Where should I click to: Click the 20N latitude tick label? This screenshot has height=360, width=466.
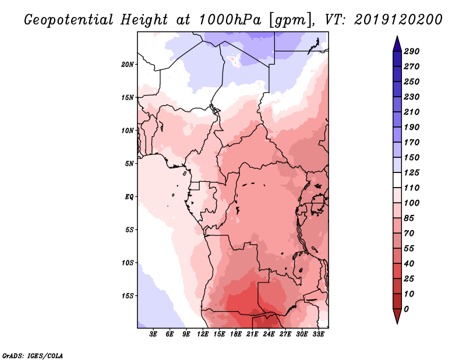tap(128, 64)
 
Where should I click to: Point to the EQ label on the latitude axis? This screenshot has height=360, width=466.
tap(129, 196)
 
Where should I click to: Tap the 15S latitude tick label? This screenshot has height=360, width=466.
tap(128, 295)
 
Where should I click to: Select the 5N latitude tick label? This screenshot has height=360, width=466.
tap(129, 163)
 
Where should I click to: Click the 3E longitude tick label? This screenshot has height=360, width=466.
tap(154, 334)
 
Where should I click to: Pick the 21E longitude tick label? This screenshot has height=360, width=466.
tap(252, 334)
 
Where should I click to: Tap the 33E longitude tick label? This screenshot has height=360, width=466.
tap(318, 334)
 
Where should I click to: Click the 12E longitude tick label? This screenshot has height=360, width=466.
tap(203, 334)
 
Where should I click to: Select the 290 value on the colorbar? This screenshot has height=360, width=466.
tap(412, 51)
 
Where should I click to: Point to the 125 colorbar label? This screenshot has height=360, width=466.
tap(412, 172)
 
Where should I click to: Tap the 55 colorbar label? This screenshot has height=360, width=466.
tap(409, 248)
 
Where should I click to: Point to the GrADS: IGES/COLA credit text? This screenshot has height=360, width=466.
tap(32, 355)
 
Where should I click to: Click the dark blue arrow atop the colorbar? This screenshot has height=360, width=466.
tap(396, 43)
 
